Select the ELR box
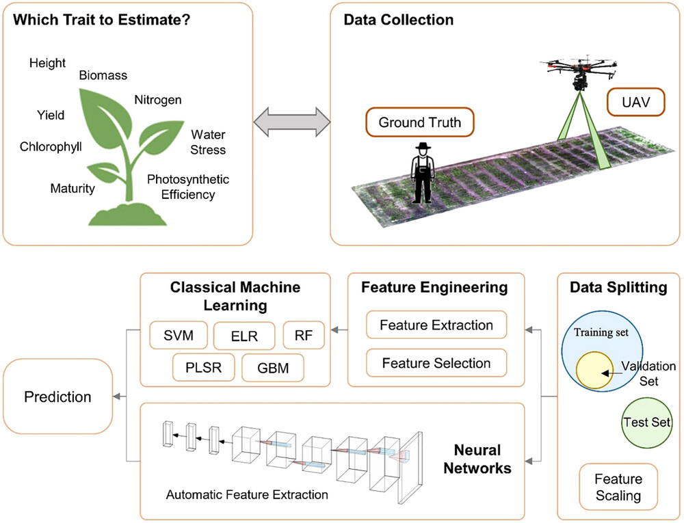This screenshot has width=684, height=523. (244, 336)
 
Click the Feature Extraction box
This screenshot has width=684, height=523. (436, 325)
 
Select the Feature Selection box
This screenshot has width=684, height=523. (436, 363)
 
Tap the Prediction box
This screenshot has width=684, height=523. (57, 397)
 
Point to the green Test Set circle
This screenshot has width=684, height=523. (646, 423)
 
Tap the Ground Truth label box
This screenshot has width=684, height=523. (419, 123)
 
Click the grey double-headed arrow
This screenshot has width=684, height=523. (291, 124)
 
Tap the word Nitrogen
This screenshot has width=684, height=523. (158, 100)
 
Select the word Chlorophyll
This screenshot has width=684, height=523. (51, 146)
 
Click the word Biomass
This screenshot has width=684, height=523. (103, 76)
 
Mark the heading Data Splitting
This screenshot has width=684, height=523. (618, 288)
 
